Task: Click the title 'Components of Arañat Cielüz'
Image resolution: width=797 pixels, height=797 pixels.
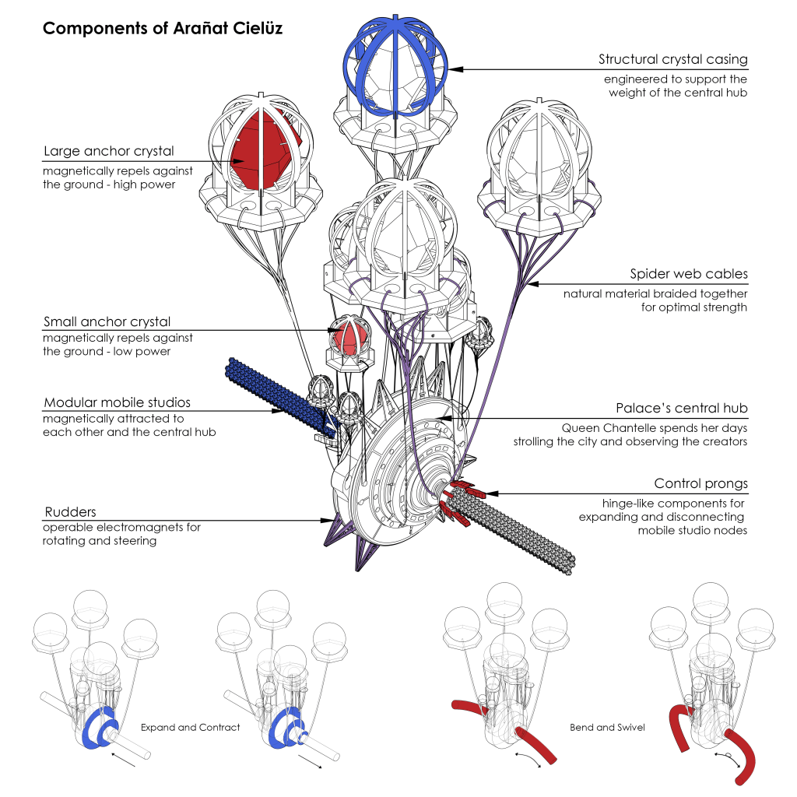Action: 162,29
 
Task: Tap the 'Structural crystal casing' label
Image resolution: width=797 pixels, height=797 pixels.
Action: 672,59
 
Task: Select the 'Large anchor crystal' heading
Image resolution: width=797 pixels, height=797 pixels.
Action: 109,151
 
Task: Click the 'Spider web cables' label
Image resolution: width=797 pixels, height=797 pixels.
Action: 689,274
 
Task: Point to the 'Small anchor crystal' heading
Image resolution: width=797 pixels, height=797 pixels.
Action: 107,321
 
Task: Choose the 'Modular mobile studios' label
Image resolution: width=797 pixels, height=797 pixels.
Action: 117,402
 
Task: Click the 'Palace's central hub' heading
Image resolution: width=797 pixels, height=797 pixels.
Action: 681,408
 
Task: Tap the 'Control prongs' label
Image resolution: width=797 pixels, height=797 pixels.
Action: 700,483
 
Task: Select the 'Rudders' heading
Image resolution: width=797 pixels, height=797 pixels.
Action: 70,511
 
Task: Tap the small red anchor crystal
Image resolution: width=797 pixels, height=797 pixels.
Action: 349,337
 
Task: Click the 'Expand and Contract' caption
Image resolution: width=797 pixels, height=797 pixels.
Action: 190,728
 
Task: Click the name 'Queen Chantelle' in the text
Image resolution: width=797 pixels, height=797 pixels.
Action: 599,428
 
